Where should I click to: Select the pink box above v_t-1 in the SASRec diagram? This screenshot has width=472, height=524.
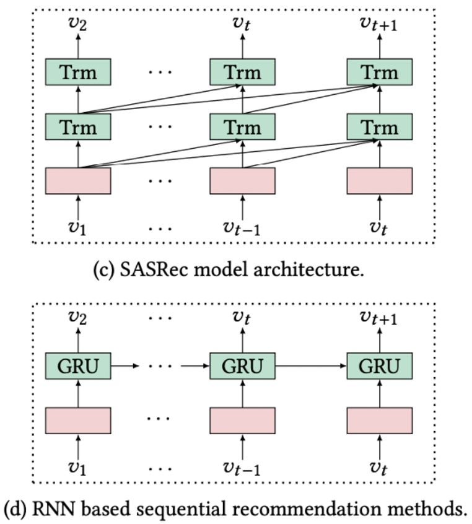[242, 180]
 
